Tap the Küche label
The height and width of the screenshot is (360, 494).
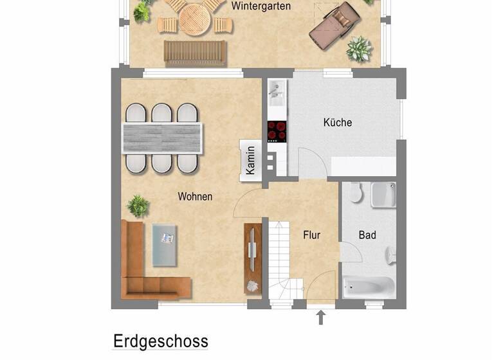point(338,122)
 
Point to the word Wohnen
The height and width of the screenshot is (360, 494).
point(195,197)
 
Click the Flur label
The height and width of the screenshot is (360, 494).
point(312,235)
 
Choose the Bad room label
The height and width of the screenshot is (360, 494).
point(367,235)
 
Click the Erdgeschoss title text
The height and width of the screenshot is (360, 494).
point(161,341)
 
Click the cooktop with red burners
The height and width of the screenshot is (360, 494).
point(277,131)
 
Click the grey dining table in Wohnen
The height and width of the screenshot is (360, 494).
point(163,138)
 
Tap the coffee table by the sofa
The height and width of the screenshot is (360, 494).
point(167,244)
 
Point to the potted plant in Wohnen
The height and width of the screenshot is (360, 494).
point(138,206)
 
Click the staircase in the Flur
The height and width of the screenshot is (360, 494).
point(281,257)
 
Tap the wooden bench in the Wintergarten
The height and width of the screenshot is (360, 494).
point(195,53)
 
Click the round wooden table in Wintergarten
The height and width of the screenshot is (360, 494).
point(194,19)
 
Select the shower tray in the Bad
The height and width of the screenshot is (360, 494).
point(383,195)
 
